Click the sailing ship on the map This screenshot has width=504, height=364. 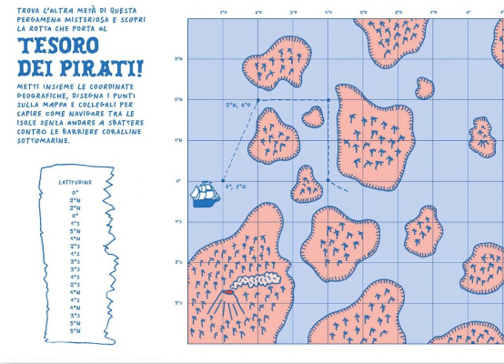point(205,193)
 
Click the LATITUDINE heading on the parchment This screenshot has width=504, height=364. point(76,182)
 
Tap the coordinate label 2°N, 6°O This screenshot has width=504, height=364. point(237,106)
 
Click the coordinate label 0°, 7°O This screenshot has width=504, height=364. point(235,186)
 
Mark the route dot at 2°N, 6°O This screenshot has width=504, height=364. point(258,100)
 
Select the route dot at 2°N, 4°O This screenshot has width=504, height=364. point(328,100)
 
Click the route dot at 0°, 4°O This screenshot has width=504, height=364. point(328,181)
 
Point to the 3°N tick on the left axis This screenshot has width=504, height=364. point(179,60)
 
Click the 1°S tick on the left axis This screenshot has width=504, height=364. point(179,222)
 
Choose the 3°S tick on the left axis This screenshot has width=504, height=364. point(179,303)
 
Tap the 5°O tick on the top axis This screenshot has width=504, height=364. point(293,13)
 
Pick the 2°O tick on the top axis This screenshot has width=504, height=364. point(398,13)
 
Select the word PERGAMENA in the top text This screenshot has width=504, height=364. point(35,19)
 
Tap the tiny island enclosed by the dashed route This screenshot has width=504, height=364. point(313,116)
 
